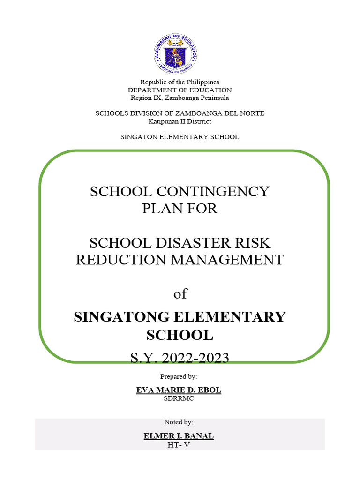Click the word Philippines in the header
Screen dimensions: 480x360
202,82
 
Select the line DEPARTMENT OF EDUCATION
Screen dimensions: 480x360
180,90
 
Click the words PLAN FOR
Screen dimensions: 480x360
180,208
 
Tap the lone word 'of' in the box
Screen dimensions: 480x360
180,294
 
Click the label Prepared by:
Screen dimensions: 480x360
179,376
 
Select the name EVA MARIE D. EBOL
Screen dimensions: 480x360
179,390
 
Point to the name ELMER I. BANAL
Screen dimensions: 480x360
179,436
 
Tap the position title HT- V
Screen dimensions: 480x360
179,445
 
